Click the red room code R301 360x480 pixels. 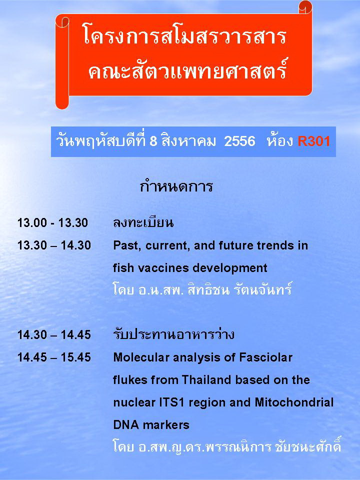coord(314,141)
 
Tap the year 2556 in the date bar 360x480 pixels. coord(239,141)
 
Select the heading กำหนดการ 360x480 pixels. coord(176,186)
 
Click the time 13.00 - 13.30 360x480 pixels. coord(52,223)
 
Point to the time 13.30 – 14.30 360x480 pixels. coord(54,245)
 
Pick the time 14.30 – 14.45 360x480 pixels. coord(54,335)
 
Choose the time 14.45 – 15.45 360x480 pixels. coord(54,357)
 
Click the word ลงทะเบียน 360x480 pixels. coord(143,222)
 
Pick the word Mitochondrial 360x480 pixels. coord(294,402)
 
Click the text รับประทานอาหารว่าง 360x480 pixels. coord(174,334)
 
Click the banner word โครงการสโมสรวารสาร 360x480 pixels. coord(184,36)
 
